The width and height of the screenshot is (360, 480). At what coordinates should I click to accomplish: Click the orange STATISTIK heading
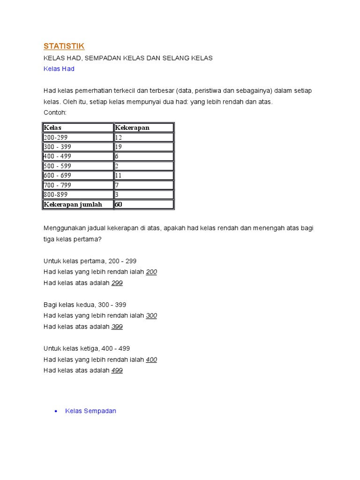tap(64, 46)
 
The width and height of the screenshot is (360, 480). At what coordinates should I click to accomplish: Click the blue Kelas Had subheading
tap(59, 69)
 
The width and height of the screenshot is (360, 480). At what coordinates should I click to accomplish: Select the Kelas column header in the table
tap(52, 127)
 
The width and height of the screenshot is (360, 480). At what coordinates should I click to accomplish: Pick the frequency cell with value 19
tap(119, 147)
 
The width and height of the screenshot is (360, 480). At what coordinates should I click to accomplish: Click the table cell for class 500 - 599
tap(57, 166)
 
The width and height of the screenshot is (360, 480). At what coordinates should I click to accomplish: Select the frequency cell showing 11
tap(119, 175)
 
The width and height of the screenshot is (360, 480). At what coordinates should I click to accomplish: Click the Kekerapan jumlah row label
tap(73, 204)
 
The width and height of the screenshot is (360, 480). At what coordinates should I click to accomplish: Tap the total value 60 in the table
tap(119, 204)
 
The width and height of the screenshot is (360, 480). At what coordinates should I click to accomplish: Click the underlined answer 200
tap(151, 272)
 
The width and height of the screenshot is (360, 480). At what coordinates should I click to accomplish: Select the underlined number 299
tap(117, 283)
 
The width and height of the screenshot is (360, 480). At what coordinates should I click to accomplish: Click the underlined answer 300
tap(151, 316)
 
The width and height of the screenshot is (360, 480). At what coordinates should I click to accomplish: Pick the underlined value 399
tap(117, 327)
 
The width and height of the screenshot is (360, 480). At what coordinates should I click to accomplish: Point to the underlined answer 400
tap(151, 360)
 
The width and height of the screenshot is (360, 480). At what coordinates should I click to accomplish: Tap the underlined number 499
tap(117, 370)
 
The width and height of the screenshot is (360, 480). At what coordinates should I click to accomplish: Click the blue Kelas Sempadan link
tap(90, 411)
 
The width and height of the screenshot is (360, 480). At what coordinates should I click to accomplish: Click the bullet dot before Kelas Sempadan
tap(56, 412)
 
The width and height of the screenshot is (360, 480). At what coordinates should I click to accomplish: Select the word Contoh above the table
tap(55, 113)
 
